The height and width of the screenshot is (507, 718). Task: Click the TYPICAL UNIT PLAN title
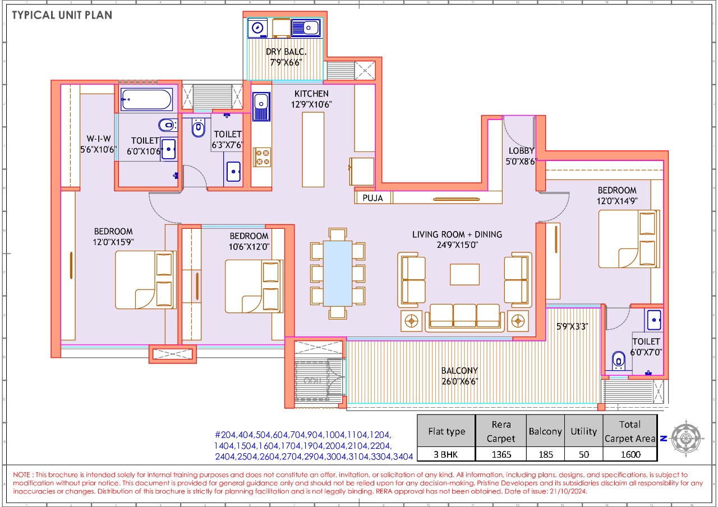click(62, 15)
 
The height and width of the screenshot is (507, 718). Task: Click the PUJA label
click(372, 198)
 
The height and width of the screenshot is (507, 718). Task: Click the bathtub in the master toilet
click(146, 100)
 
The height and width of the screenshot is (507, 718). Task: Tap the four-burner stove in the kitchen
click(261, 157)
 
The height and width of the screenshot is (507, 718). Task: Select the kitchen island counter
click(312, 149)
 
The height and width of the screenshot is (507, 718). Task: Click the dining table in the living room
click(338, 273)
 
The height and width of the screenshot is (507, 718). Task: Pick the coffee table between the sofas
click(464, 274)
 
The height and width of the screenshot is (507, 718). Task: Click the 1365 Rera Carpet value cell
click(501, 454)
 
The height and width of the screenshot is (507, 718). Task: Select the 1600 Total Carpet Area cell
click(630, 454)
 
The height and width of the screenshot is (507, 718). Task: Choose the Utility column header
click(583, 431)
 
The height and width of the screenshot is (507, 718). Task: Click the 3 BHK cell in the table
click(447, 454)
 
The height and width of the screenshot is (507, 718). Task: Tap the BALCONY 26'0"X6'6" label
click(459, 376)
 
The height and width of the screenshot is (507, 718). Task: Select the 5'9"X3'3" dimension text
click(572, 326)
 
